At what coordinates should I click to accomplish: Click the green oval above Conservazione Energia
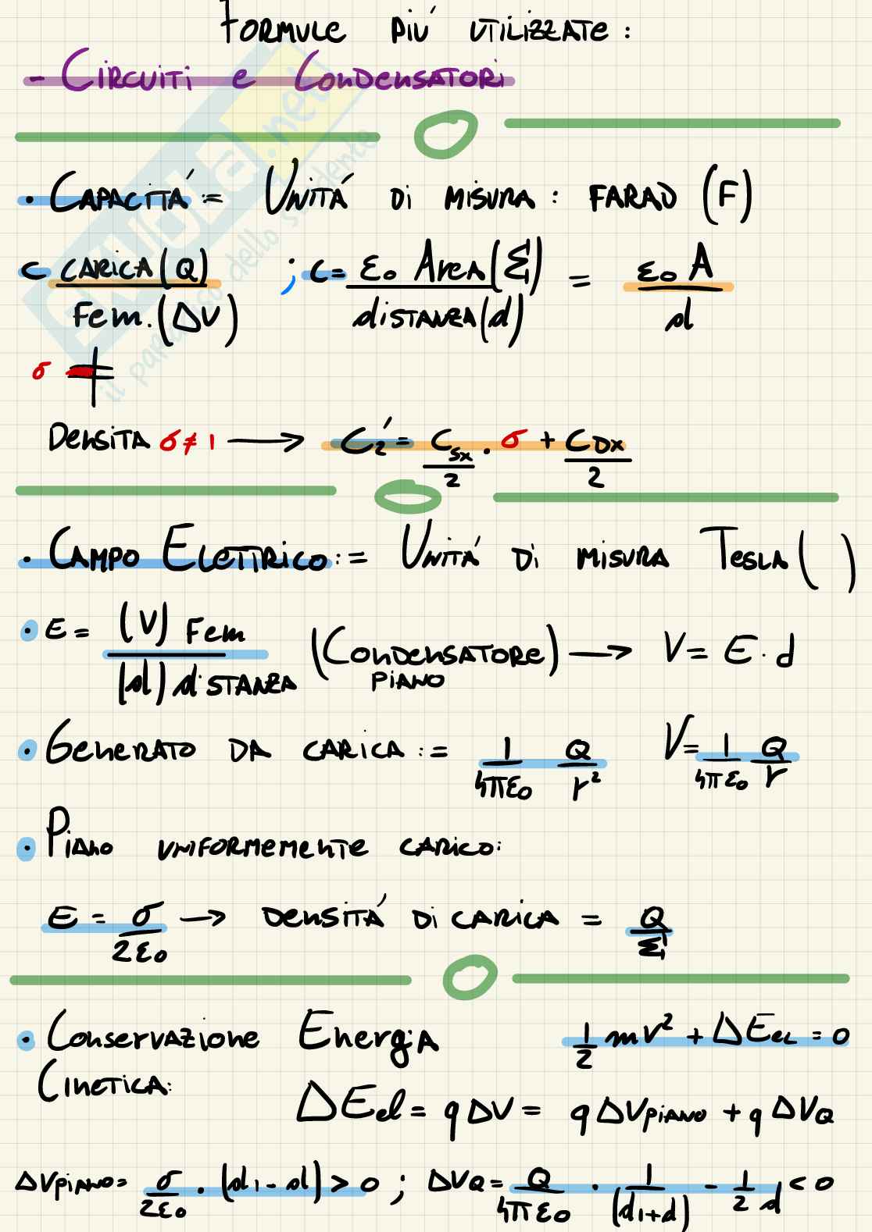point(469,976)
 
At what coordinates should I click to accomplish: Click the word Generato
point(120,751)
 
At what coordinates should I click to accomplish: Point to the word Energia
point(367,1037)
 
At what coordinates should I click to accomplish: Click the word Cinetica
point(102,1084)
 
